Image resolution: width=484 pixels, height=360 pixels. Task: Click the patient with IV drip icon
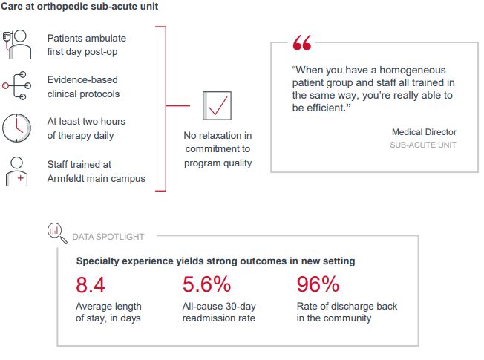[16, 45]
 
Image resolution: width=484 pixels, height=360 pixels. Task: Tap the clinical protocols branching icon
[16, 86]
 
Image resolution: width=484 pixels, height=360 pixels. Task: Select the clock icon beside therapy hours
[17, 128]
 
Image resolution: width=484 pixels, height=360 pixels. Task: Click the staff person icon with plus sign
[17, 171]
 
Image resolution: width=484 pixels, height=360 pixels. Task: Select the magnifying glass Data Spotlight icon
[56, 230]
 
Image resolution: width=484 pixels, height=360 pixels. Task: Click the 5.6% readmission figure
[206, 284]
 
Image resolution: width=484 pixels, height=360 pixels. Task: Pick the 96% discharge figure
[318, 284]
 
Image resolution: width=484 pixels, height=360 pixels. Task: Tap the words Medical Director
[424, 132]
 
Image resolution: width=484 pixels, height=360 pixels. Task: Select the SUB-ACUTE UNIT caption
[423, 145]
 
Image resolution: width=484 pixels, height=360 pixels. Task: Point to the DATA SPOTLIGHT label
[108, 237]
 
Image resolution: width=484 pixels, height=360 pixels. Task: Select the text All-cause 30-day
[218, 307]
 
